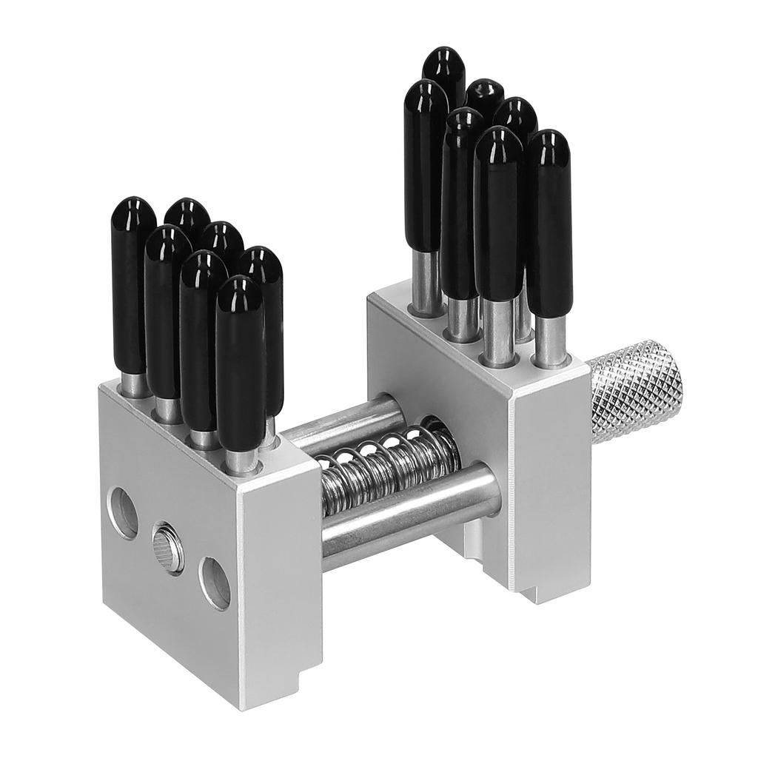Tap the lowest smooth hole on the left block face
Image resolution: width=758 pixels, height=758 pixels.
(x=215, y=583)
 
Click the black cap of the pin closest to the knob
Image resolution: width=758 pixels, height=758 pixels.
(x=549, y=222)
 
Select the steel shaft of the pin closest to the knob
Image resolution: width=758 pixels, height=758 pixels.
(x=550, y=340)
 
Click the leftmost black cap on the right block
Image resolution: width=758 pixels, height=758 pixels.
(x=426, y=163)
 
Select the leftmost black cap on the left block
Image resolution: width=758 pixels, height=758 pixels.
(x=133, y=281)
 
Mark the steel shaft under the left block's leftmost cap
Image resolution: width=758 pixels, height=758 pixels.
(x=134, y=383)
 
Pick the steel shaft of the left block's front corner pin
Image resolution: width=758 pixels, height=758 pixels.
(x=241, y=459)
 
